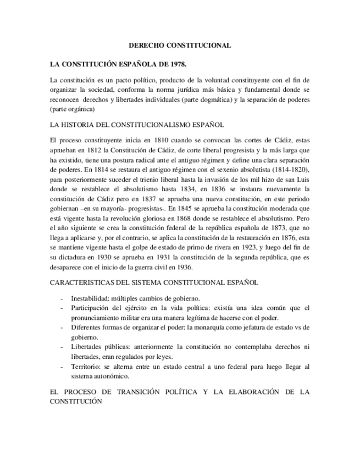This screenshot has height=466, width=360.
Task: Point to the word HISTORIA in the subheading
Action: tap(82, 125)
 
